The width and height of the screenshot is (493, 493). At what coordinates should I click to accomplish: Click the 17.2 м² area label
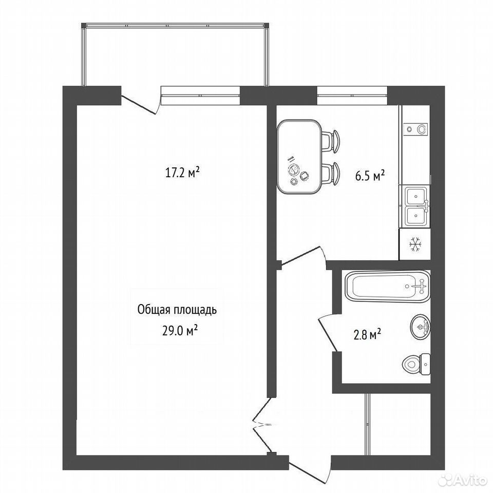pos(182,173)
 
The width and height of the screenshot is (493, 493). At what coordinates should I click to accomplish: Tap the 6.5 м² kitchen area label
pos(370,176)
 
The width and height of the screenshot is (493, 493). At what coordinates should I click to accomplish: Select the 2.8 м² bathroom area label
pos(367,334)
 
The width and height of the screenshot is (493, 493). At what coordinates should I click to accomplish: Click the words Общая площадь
pos(177,310)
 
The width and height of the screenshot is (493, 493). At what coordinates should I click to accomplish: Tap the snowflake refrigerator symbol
pos(415,244)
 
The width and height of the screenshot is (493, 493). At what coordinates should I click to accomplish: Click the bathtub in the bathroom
pos(387,287)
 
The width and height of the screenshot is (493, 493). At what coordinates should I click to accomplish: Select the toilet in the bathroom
pos(416,364)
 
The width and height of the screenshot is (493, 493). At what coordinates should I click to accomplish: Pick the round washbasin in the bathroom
pos(421,327)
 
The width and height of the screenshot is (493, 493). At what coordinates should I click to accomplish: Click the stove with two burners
pos(415,128)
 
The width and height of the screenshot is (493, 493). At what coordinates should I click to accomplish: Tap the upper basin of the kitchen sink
pos(416,196)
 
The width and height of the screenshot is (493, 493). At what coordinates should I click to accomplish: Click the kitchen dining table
pos(299,157)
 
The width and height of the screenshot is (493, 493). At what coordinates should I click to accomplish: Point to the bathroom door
pos(328,333)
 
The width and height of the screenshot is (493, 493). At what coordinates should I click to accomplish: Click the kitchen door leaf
pos(302,256)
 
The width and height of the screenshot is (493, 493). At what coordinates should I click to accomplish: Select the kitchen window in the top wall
pos(352,95)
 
